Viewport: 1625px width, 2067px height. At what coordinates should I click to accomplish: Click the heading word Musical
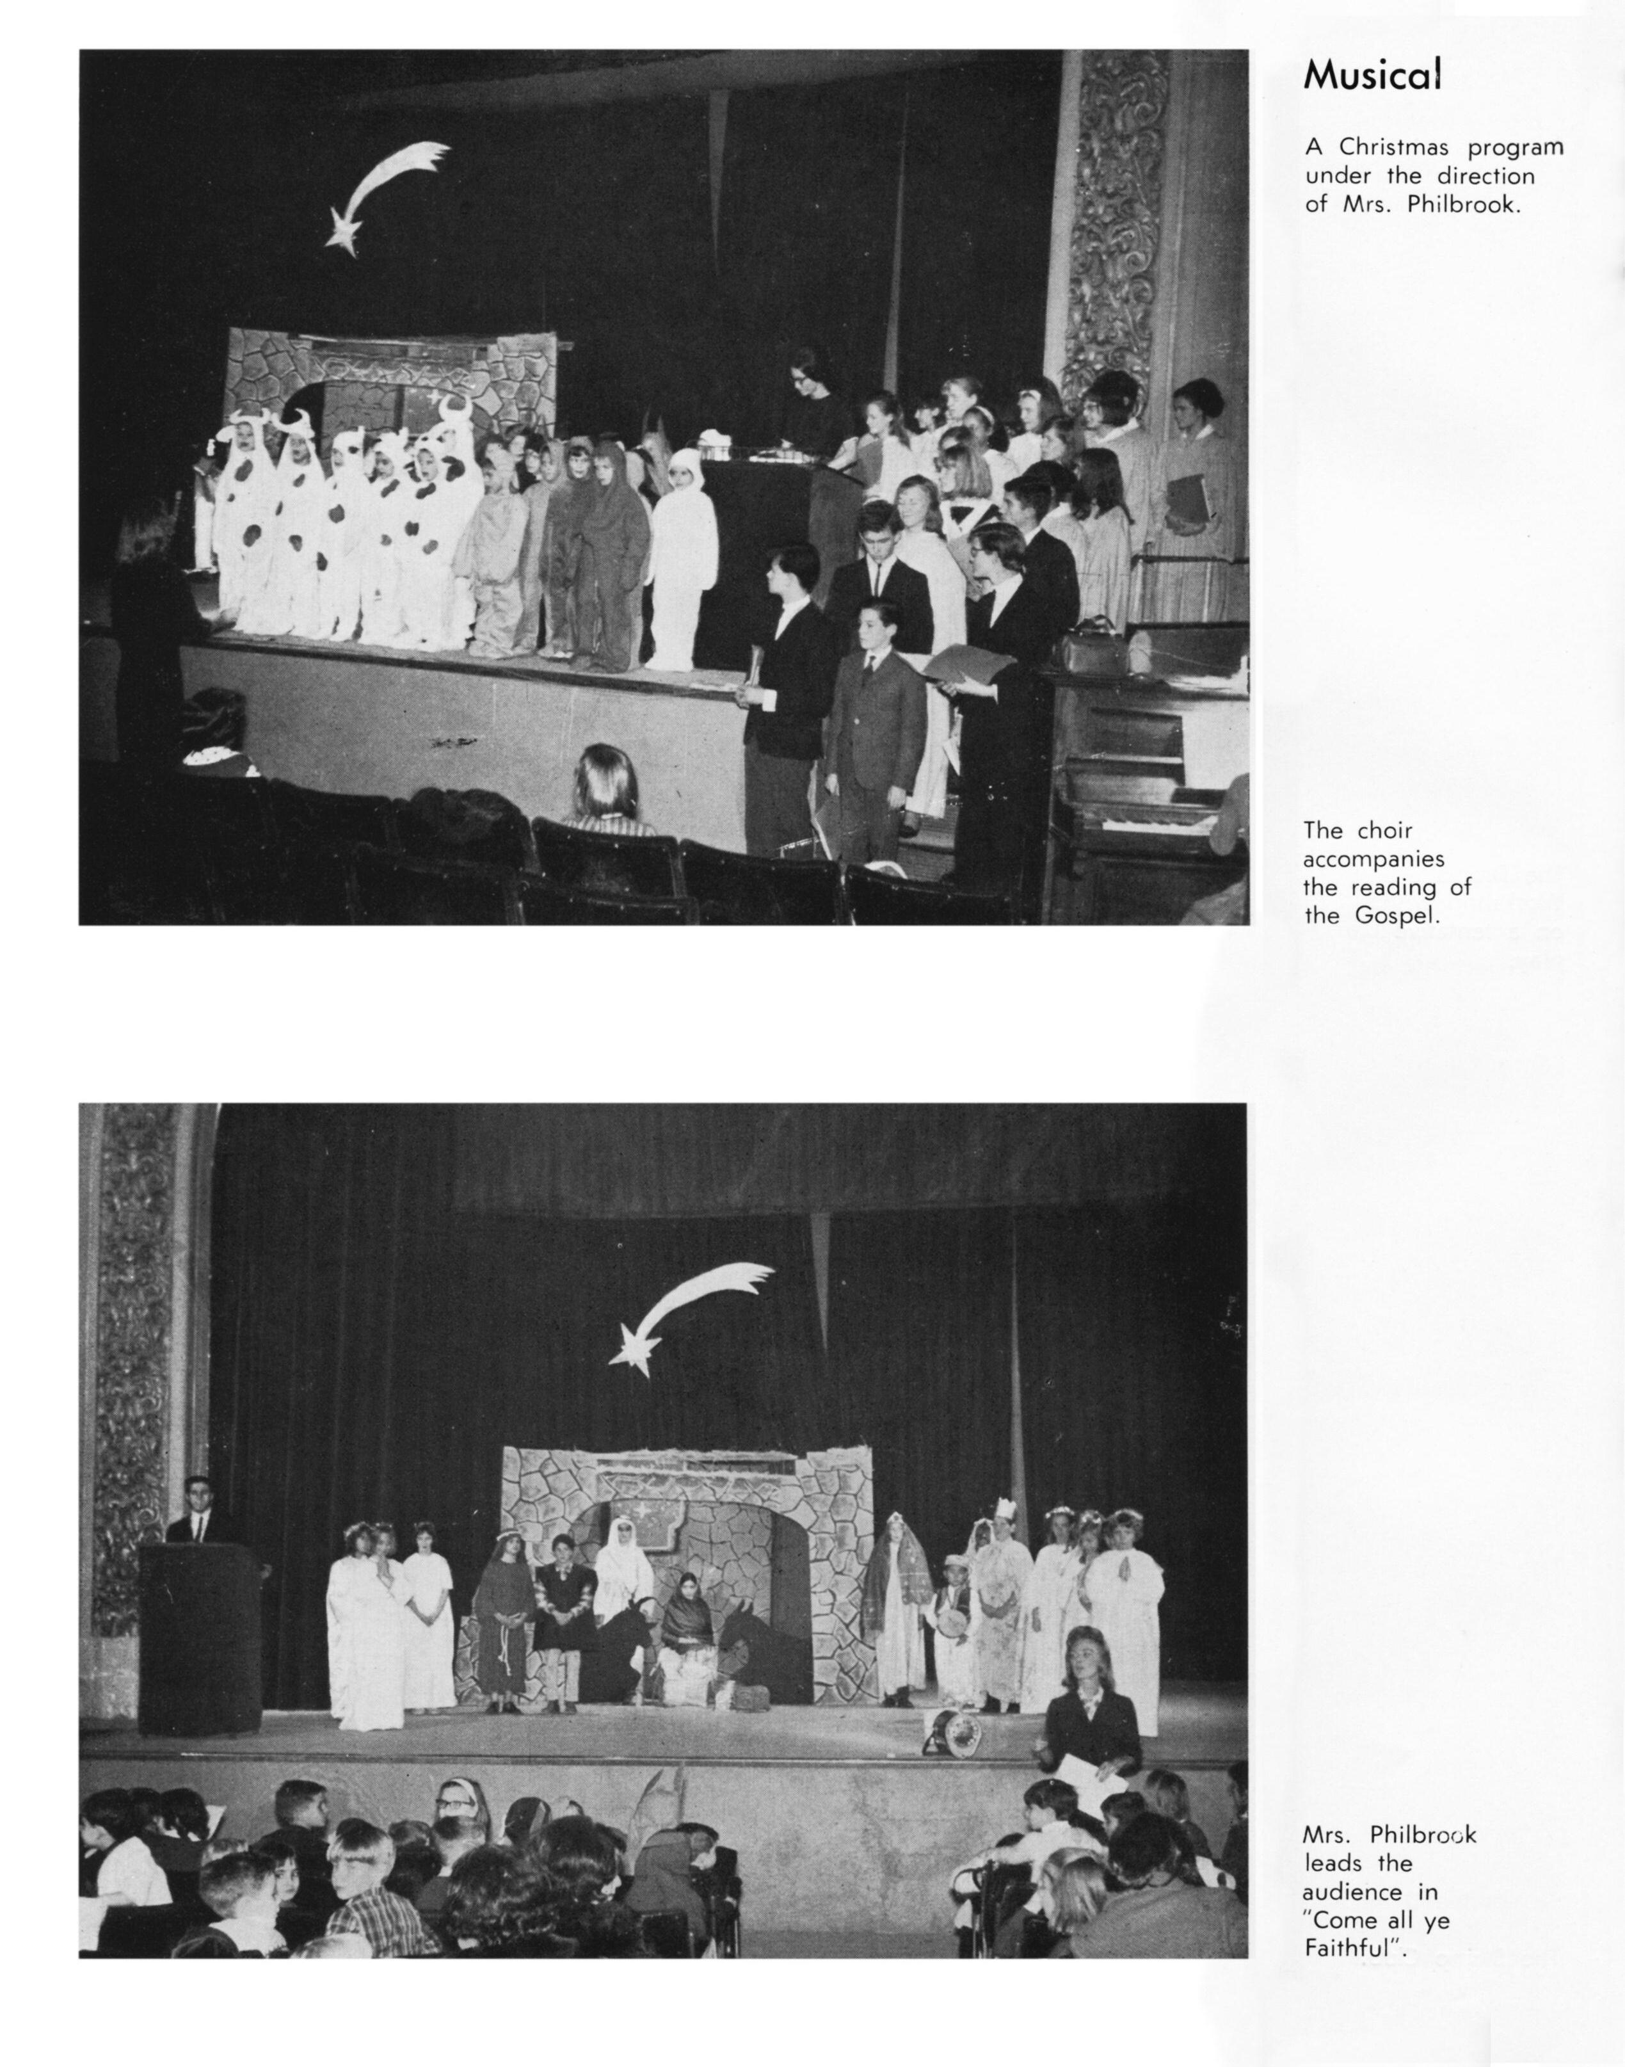[1372, 75]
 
